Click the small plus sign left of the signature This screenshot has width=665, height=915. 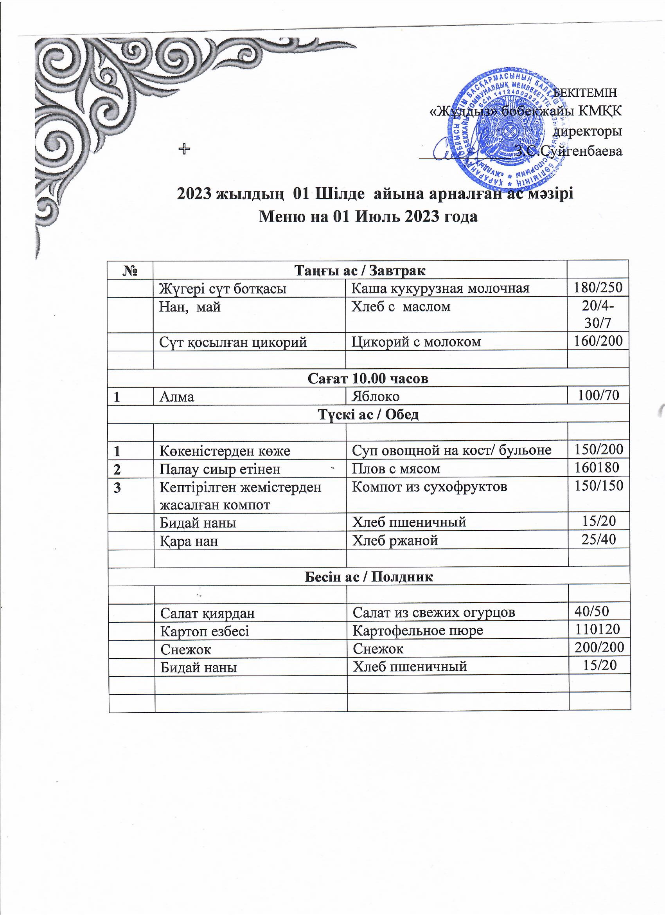[x=184, y=149]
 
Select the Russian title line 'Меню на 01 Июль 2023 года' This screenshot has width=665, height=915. [x=368, y=217]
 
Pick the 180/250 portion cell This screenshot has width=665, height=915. [x=598, y=288]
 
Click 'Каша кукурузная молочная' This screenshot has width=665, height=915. [x=440, y=288]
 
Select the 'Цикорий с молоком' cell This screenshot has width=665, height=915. [x=416, y=342]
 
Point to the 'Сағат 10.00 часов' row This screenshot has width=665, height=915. [x=368, y=378]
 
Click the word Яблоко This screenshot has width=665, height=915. [x=376, y=396]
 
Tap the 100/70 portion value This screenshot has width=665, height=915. [x=598, y=395]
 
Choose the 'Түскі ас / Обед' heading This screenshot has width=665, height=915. [x=368, y=414]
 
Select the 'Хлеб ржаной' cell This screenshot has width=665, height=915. [x=395, y=540]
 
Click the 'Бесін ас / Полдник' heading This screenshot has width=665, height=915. [x=368, y=577]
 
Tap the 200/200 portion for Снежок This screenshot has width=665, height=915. [x=599, y=648]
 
